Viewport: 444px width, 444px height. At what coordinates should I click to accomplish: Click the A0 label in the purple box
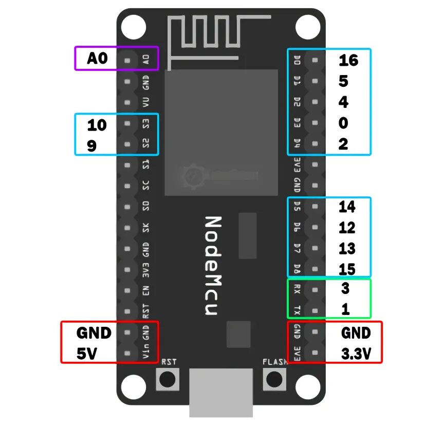(97, 59)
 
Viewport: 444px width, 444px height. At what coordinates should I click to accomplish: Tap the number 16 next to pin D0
(348, 61)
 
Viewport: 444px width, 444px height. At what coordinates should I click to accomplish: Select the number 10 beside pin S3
(97, 125)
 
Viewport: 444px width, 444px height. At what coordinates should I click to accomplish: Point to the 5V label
(88, 354)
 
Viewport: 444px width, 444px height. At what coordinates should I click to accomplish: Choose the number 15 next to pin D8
(347, 269)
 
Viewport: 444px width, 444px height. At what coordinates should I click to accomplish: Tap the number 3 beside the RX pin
(345, 288)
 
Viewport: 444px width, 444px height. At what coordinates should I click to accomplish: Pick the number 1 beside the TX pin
(345, 309)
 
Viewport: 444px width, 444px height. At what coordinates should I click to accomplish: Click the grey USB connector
(221, 393)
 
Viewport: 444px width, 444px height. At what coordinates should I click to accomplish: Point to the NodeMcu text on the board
(213, 266)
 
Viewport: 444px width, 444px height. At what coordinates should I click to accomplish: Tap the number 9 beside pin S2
(91, 146)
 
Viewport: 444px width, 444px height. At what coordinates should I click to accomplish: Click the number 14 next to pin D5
(347, 207)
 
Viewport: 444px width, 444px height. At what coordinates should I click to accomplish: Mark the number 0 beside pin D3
(343, 123)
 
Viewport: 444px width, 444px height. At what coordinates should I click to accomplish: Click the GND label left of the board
(94, 333)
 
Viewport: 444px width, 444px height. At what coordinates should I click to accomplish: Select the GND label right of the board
(356, 333)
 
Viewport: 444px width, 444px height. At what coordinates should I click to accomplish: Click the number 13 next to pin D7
(347, 249)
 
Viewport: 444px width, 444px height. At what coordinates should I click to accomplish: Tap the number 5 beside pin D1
(343, 81)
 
